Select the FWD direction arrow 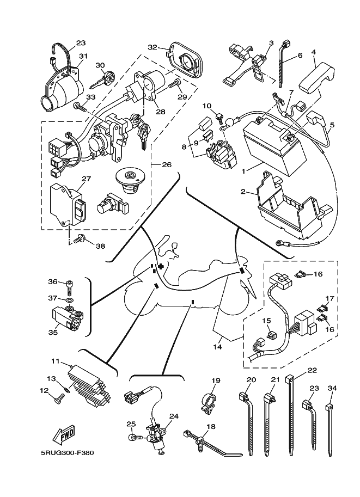click(63, 435)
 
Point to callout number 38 click(100, 246)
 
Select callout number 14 click(218, 346)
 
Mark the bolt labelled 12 click(59, 400)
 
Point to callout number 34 click(332, 388)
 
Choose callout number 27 click(71, 178)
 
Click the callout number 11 click(55, 361)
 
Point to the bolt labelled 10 click(218, 115)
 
